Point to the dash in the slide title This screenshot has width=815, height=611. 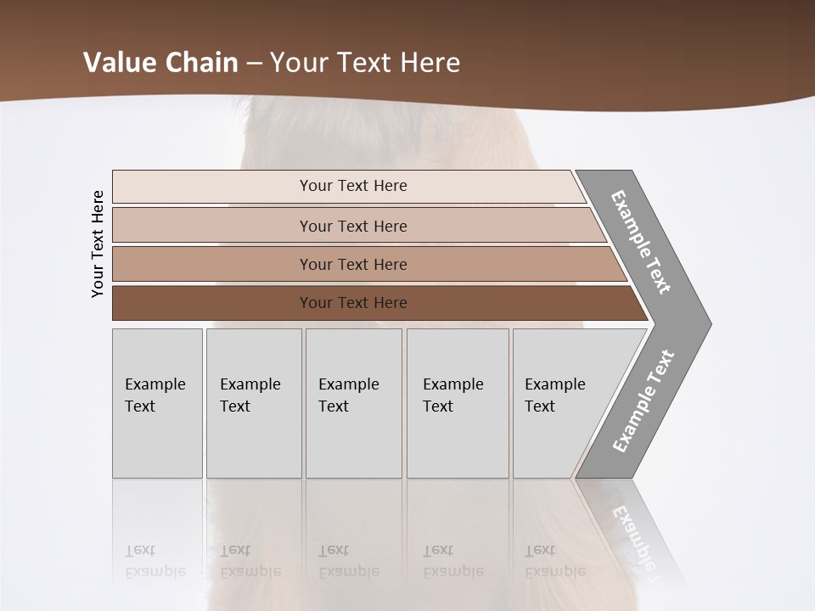[x=254, y=63]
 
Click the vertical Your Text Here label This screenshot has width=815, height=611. [x=98, y=244]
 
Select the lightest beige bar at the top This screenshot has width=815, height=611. [x=352, y=186]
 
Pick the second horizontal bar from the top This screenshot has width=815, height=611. [x=352, y=226]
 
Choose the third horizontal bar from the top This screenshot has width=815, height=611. [x=352, y=264]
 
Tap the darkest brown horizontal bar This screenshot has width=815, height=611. [x=352, y=303]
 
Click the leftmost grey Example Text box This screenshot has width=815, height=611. [x=157, y=403]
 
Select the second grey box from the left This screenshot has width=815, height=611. [x=253, y=403]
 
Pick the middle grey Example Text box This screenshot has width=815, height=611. [x=353, y=403]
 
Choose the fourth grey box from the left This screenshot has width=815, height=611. [x=458, y=403]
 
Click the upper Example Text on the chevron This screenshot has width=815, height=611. [x=641, y=242]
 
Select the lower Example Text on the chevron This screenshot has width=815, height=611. [x=644, y=401]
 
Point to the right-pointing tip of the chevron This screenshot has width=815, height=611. [x=707, y=323]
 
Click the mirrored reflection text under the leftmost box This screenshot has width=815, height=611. [x=155, y=561]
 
